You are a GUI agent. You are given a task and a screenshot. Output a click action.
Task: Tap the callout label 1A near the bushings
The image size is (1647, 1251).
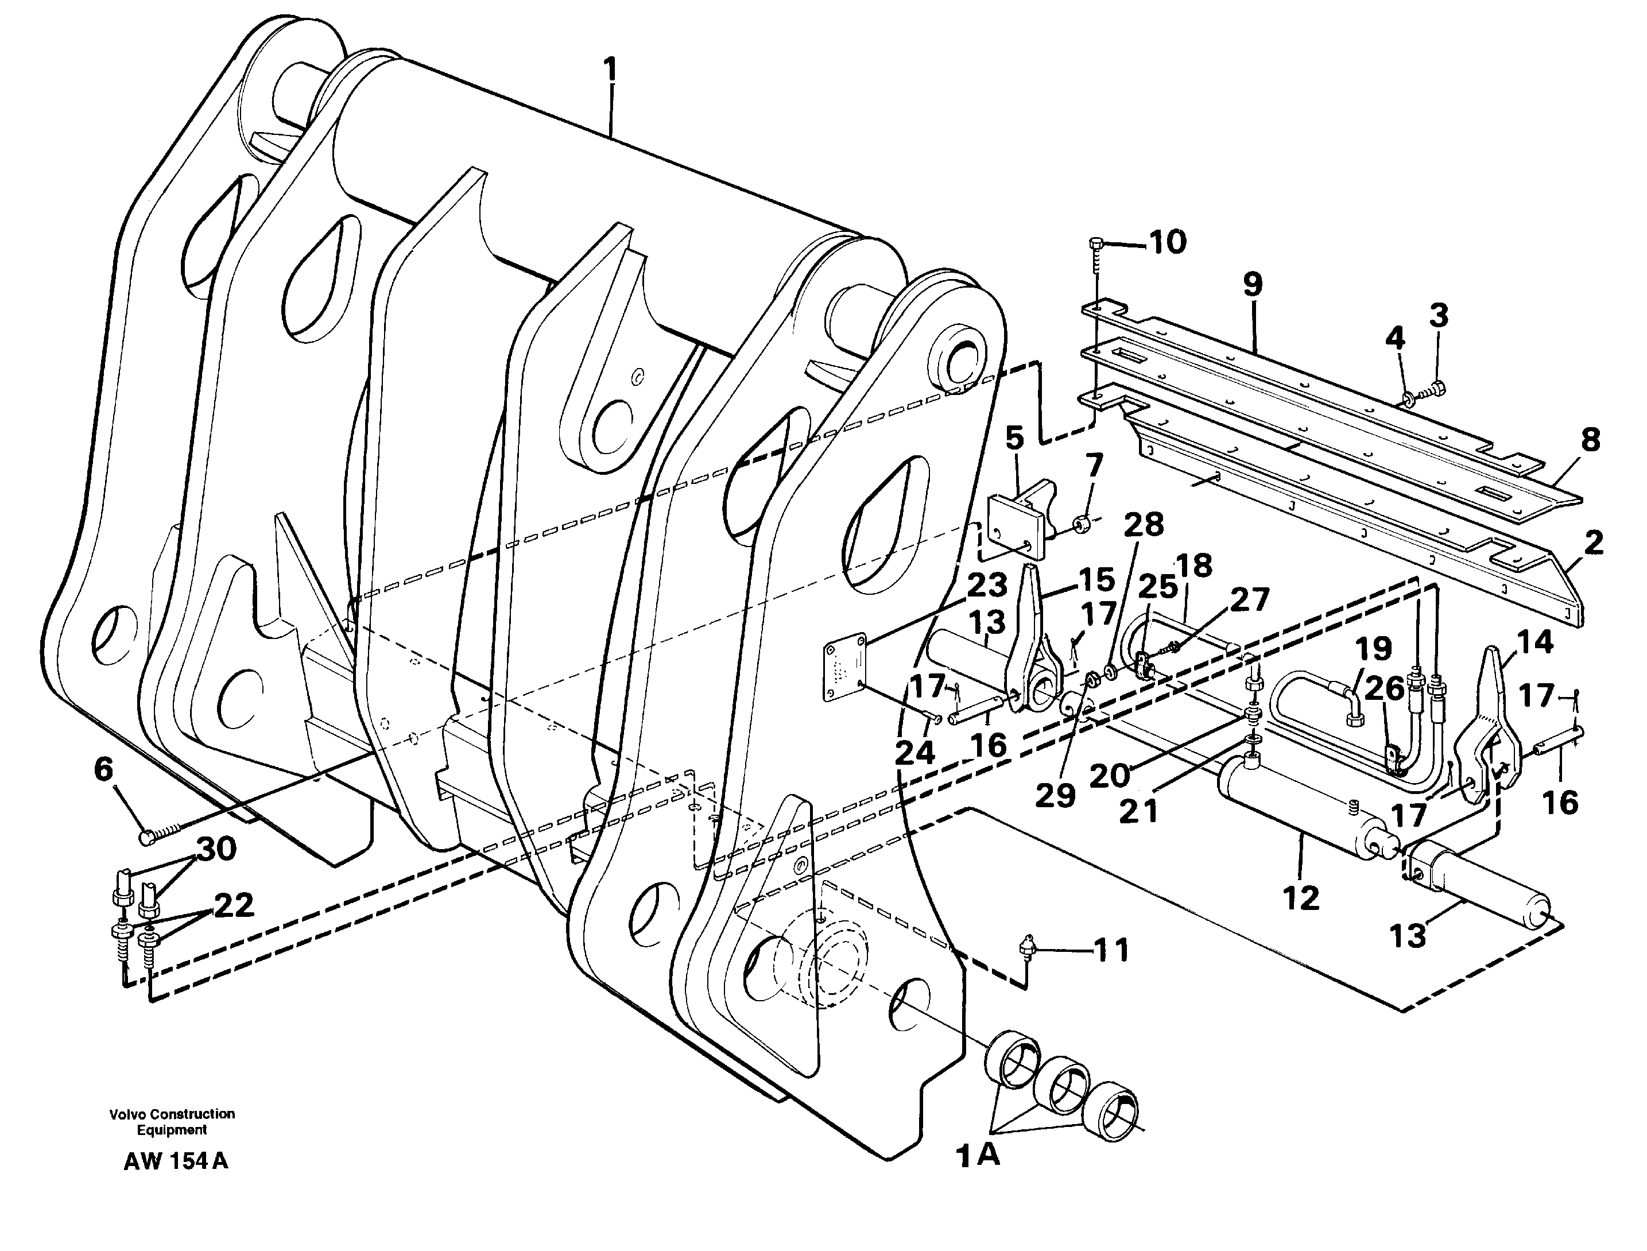click(x=978, y=1156)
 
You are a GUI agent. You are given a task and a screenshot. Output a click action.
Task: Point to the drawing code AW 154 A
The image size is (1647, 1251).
click(x=176, y=1161)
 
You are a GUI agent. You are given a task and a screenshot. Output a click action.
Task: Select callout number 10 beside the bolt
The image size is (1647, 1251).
click(x=1167, y=242)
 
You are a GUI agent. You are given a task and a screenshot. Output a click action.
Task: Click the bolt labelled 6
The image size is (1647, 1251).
click(x=147, y=838)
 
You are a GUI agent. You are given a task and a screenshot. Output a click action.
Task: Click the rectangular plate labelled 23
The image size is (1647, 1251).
click(x=844, y=670)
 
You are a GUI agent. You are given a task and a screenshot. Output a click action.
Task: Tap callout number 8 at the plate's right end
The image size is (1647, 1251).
click(x=1590, y=441)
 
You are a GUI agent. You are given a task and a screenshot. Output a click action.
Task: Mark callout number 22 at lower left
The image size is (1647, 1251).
click(x=234, y=905)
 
